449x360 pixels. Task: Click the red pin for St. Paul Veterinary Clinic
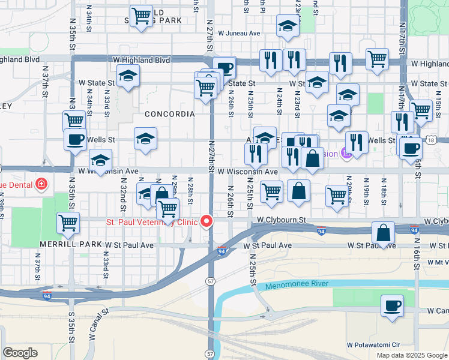(207, 221)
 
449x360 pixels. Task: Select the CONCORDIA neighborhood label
(169, 113)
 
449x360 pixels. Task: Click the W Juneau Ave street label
(239, 34)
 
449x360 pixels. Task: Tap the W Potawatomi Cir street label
(374, 345)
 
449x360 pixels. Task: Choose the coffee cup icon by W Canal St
(392, 305)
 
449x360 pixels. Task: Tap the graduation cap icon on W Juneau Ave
(288, 25)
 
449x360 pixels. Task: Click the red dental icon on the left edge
(41, 184)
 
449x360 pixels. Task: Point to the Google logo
(20, 353)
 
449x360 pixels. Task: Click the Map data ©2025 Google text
(411, 355)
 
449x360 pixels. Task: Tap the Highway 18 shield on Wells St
(432, 140)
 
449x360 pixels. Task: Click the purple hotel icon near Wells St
(346, 154)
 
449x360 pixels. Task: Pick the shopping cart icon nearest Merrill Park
(68, 223)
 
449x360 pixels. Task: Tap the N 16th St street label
(415, 259)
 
